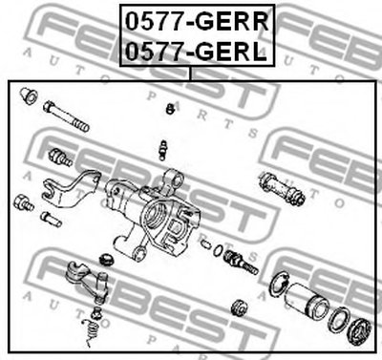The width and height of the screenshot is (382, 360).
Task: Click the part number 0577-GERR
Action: (197, 21)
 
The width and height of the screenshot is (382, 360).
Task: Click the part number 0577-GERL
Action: (196, 51)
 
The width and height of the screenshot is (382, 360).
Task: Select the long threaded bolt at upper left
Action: (66, 116)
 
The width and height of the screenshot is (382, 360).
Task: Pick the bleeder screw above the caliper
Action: (163, 150)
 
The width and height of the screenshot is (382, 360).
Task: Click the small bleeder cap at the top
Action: (170, 109)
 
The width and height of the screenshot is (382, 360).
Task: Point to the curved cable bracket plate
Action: (71, 189)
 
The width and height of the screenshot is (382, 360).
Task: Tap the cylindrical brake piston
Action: (306, 301)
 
